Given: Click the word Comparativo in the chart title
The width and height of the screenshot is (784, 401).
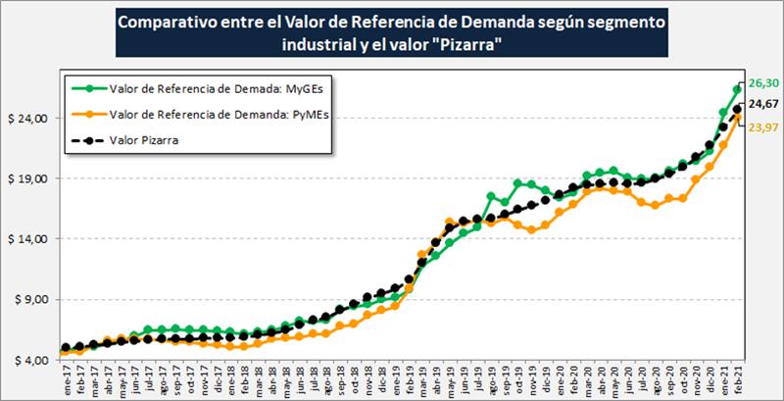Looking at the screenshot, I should pyautogui.click(x=166, y=21).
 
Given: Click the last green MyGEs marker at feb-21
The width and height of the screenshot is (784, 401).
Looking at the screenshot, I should pyautogui.click(x=737, y=89).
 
